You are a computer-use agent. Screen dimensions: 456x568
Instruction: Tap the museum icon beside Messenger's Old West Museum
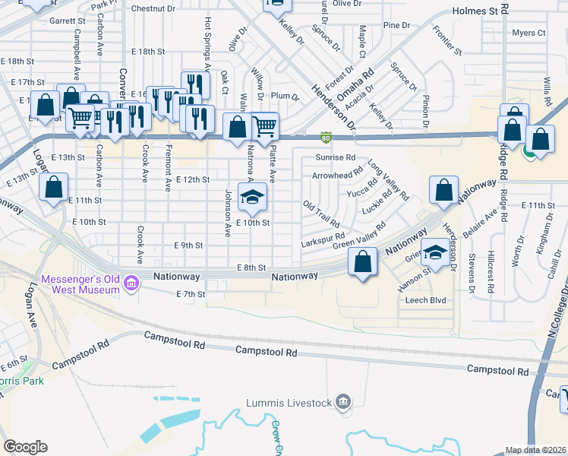pos(131,283)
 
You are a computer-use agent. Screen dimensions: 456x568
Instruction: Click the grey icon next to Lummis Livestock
pos(343,401)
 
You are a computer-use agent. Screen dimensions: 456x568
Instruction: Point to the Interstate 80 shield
pos(326,137)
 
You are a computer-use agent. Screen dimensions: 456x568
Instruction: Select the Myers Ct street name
pos(529,33)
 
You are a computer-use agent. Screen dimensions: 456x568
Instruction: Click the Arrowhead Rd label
pos(336,176)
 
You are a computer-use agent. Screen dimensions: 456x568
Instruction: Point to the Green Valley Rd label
pos(359,235)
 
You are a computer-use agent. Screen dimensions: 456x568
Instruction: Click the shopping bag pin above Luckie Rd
pos(443,191)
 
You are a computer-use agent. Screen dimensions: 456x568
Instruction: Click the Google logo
pos(26,447)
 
